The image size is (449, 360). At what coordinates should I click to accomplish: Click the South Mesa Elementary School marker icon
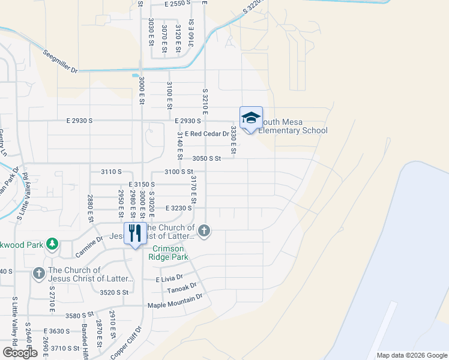coord(251,118)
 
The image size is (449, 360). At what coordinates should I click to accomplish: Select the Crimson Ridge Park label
coord(170,253)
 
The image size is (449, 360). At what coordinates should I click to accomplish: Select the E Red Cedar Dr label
coord(207,133)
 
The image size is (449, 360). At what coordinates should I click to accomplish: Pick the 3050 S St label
coord(207,158)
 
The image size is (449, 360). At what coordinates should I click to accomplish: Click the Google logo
coord(20,353)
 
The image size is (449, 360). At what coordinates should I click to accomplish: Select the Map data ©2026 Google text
coord(412,355)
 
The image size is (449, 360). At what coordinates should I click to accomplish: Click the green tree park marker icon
coord(52,243)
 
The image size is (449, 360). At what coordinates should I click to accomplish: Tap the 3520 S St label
coord(115,292)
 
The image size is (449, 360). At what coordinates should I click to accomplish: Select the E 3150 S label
coord(142,184)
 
